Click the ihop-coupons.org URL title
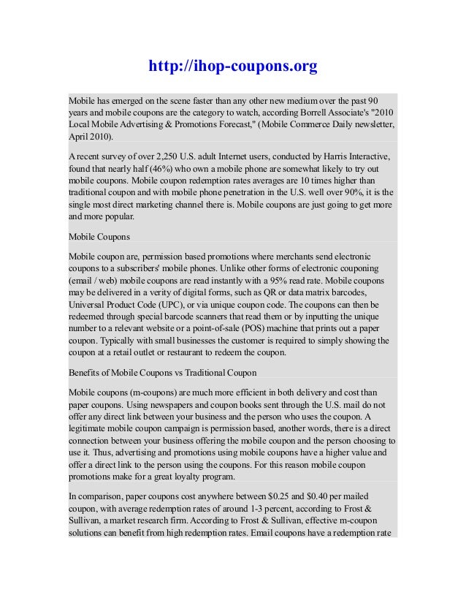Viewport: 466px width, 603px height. pyautogui.click(x=233, y=67)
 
